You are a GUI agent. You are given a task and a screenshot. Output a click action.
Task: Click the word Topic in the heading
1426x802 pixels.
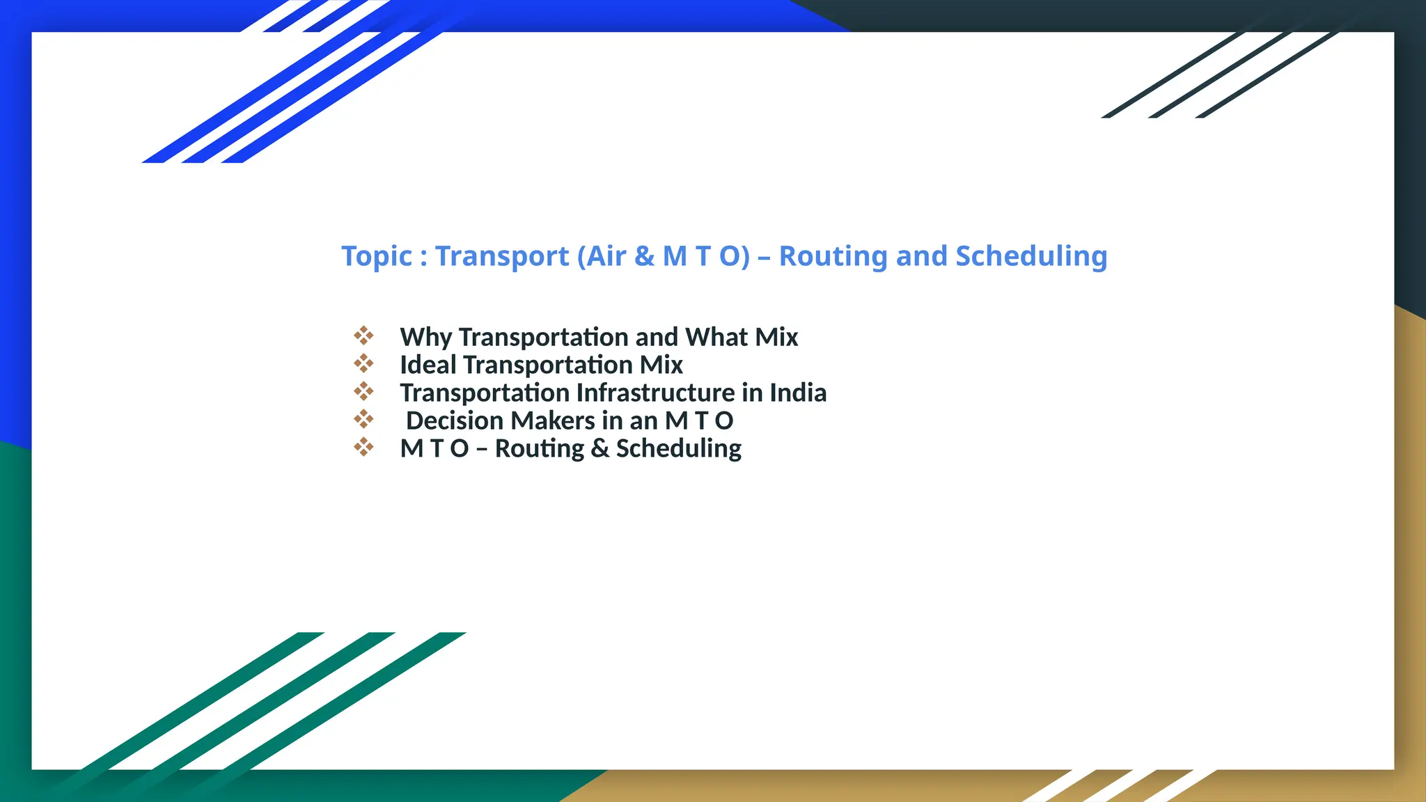tap(377, 257)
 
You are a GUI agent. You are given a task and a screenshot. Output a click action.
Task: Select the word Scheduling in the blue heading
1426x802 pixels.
tap(1031, 257)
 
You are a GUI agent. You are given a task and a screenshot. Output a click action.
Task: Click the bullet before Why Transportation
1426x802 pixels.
tap(363, 336)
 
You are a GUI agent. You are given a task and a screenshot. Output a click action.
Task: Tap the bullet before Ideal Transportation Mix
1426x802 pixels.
tap(363, 363)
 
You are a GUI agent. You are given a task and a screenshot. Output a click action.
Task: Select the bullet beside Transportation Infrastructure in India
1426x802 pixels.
tap(363, 391)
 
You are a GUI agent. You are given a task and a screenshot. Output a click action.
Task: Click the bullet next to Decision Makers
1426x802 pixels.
tap(363, 419)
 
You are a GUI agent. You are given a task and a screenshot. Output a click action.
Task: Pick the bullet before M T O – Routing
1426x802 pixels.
tap(363, 447)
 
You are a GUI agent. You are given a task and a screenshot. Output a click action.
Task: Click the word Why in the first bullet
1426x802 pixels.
tap(425, 338)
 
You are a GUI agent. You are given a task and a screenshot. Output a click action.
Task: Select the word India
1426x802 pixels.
tap(798, 393)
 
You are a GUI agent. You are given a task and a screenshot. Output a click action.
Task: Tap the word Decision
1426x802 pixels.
tap(454, 420)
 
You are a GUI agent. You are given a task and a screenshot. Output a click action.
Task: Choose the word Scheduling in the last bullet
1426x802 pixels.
tap(678, 449)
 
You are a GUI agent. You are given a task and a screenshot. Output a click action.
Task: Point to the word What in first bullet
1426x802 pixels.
tap(717, 337)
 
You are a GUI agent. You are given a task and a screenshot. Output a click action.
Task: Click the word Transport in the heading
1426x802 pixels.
tap(502, 257)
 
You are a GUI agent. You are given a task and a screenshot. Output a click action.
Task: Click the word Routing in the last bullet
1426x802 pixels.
tap(539, 449)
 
